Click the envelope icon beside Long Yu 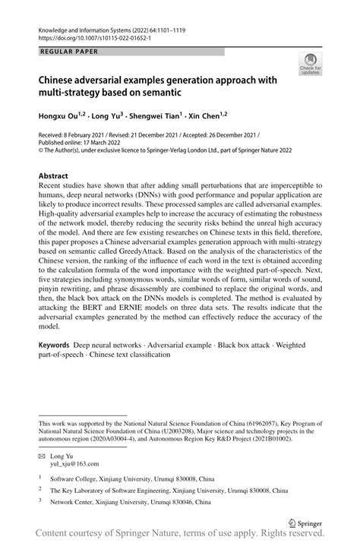click(42, 453)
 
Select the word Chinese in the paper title click(62, 80)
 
